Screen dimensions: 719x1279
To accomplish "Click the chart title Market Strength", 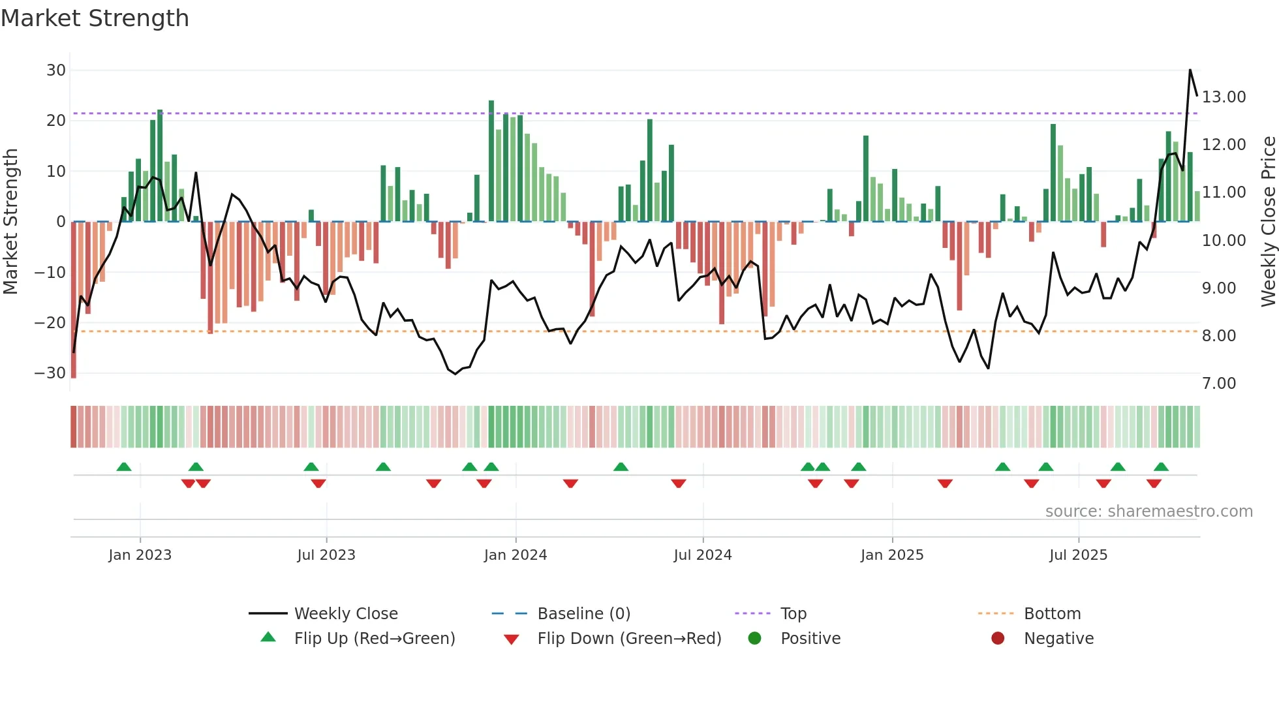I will coord(95,18).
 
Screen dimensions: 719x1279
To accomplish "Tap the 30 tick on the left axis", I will coord(56,70).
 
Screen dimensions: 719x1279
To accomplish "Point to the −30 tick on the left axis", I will coord(50,373).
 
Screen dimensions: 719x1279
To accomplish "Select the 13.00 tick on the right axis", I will coord(1224,97).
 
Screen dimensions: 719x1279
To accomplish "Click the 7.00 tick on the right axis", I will coord(1219,384).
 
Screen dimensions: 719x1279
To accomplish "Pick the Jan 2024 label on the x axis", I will coord(515,555).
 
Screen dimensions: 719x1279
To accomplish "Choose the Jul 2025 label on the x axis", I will coord(1078,555).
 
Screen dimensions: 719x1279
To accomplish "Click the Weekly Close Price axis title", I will coord(1268,222).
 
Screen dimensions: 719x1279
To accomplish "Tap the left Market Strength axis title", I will coord(11,222).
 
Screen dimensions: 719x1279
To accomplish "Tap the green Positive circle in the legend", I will coord(755,639).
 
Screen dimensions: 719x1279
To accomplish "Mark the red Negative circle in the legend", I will coord(998,639).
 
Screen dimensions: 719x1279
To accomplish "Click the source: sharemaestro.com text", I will coord(1148,512).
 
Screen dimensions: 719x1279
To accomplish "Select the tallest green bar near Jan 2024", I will coord(491,160).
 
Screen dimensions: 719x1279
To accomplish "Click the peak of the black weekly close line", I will coord(1190,70).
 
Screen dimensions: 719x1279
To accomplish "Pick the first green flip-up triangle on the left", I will coord(124,467).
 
